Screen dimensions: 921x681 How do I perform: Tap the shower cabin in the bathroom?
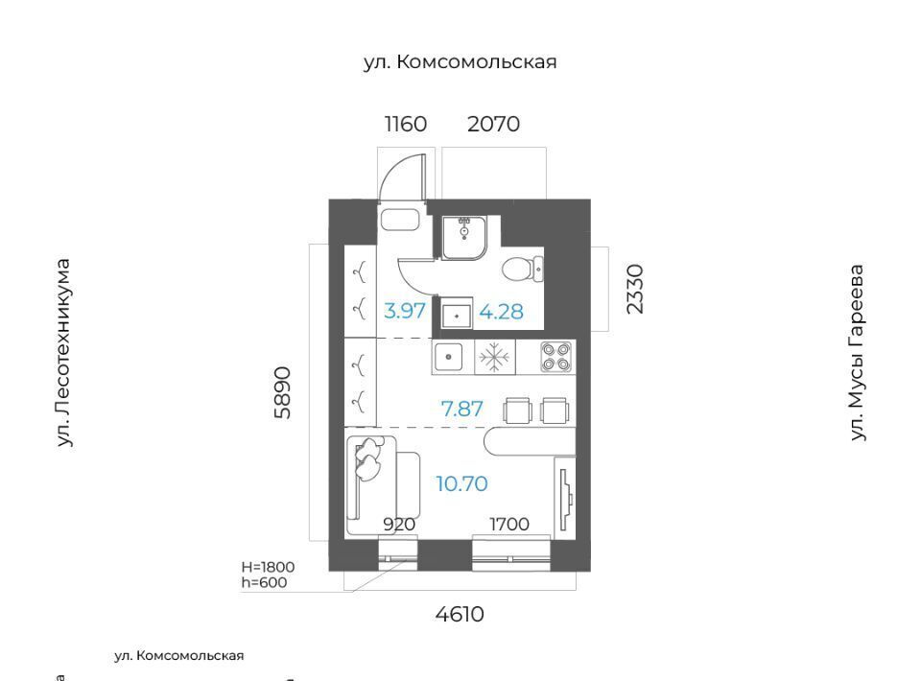pos(464,237)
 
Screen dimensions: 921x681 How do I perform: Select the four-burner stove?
pos(555,357)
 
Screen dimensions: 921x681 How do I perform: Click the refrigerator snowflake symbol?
pos(494,357)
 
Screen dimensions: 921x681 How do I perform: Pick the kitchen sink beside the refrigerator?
pos(449,357)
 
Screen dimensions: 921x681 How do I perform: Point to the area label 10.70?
pos(461,483)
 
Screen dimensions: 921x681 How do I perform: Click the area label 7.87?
pos(461,409)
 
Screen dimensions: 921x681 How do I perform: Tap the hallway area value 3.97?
pos(404,311)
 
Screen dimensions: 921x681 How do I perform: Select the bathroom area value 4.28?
pos(501,312)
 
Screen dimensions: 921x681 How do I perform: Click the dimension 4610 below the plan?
pos(460,614)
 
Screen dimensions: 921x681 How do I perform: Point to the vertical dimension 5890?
pos(282,392)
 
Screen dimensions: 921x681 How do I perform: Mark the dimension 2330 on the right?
pos(635,289)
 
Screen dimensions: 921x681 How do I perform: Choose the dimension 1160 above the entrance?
pos(405,124)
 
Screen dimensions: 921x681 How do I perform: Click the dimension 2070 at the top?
pos(493,124)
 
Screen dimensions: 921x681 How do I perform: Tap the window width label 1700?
pos(509,524)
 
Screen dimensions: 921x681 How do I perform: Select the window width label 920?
pos(399,524)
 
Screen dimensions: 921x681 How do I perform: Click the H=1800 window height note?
pos(268,567)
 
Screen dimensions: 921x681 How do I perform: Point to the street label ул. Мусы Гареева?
pos(858,352)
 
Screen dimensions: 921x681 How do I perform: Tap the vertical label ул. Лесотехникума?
pos(63,353)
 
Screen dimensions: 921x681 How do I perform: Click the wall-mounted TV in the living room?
pos(564,499)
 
